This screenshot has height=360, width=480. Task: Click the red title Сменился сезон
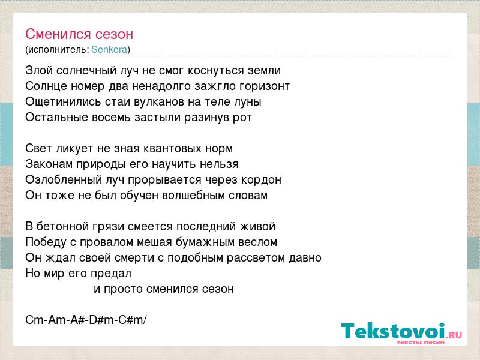point(79,34)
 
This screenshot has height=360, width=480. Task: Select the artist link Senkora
point(109,49)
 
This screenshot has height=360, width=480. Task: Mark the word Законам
point(49,164)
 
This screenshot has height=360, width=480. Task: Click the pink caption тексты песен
point(421,342)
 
